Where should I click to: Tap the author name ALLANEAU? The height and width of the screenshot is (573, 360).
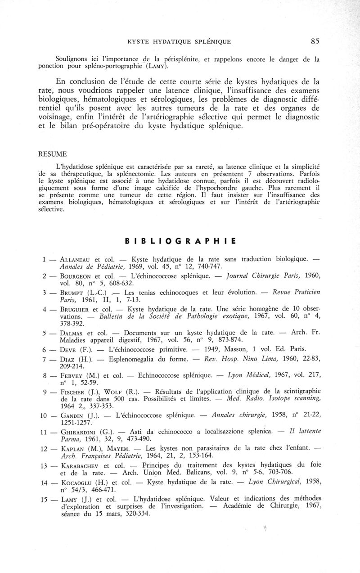pyautogui.click(x=73, y=259)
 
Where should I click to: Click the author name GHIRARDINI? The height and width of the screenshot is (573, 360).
pyautogui.click(x=77, y=432)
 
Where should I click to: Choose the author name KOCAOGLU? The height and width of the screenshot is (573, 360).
pyautogui.click(x=74, y=483)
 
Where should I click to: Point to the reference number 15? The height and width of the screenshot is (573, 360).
pyautogui.click(x=44, y=499)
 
